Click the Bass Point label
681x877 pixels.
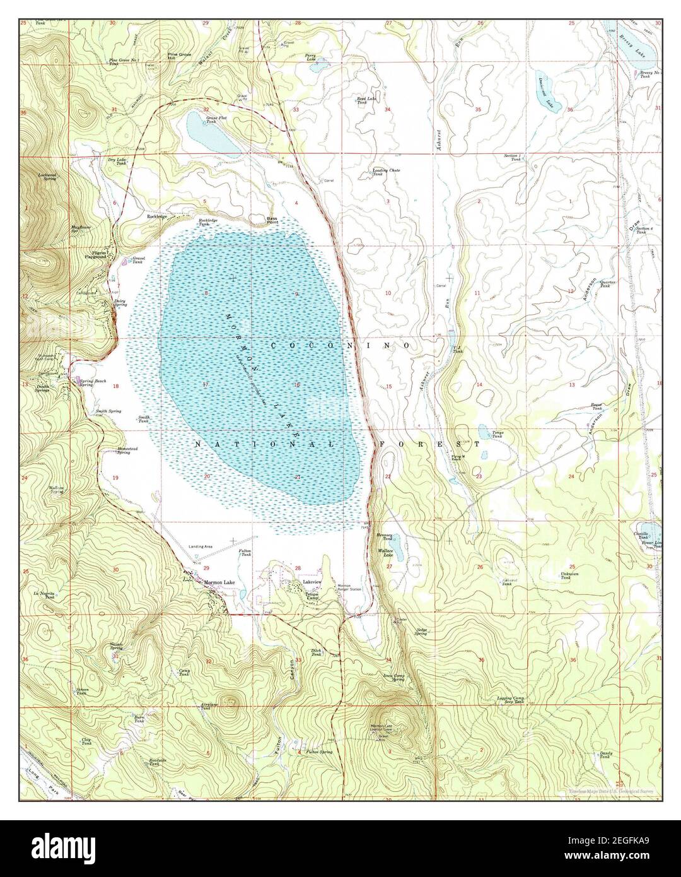(x=272, y=218)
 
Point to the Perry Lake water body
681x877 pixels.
(x=320, y=64)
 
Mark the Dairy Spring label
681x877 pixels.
(x=120, y=303)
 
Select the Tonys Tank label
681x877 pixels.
(x=498, y=434)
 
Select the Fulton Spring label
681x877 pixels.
(x=318, y=751)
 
